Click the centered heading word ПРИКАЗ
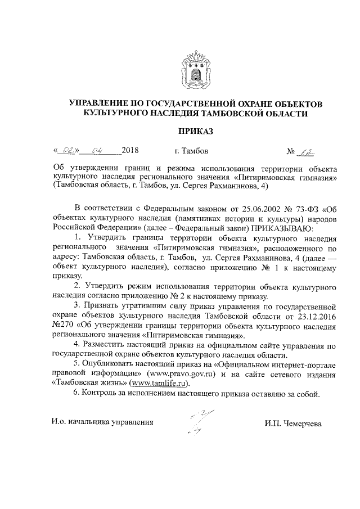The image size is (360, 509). click(195, 132)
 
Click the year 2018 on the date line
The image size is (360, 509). click(130, 151)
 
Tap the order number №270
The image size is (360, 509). click(63, 326)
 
